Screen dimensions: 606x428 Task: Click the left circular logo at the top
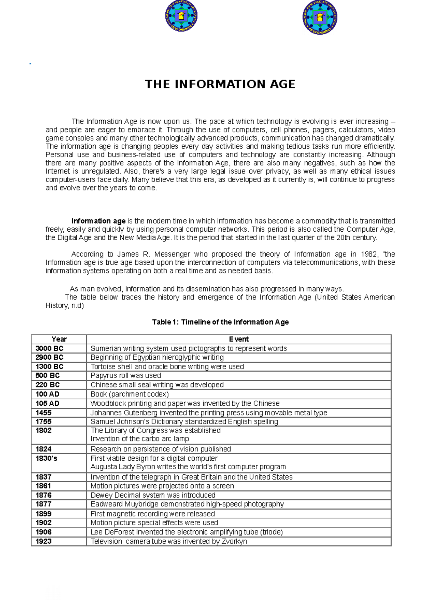[x=181, y=16]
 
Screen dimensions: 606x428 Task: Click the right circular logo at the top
[x=320, y=17]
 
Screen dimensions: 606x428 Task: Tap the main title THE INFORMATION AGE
[x=220, y=84]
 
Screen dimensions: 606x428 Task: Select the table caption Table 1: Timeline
[x=220, y=322]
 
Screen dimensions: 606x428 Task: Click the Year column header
[x=59, y=339]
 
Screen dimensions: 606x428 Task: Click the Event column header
[x=239, y=339]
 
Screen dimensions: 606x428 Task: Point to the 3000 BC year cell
[x=49, y=348]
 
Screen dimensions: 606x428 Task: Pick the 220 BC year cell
[x=47, y=385]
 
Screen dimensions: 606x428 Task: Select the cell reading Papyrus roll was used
[x=126, y=375]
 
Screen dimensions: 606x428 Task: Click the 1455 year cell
[x=44, y=413]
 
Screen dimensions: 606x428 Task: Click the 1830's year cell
[x=46, y=458]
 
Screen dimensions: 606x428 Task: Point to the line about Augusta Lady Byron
[x=188, y=467]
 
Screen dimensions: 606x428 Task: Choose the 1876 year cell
[x=44, y=495]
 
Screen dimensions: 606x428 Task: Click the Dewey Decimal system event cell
[x=153, y=495]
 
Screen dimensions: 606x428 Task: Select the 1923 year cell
[x=44, y=541]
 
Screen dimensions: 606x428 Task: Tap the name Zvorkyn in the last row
[x=234, y=541]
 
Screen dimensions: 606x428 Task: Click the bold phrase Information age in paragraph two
[x=98, y=221]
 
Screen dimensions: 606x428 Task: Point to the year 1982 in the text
[x=368, y=254]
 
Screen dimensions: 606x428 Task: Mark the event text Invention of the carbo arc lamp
[x=139, y=439]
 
